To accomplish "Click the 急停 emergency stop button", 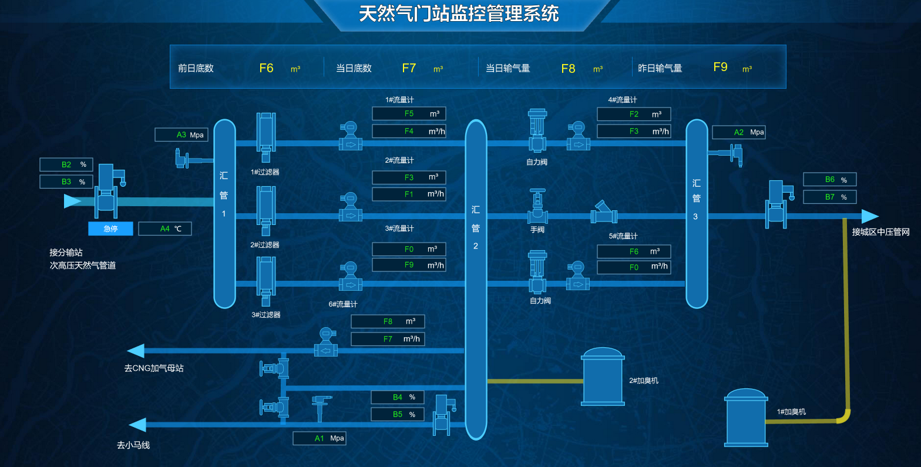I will (110, 229).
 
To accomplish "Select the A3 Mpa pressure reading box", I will (181, 135).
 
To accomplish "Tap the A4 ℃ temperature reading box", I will (164, 229).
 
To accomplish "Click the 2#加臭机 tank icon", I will (603, 377).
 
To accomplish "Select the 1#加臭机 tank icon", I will (746, 418).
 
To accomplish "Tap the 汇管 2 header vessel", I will (476, 279).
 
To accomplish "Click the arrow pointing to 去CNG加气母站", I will (136, 351).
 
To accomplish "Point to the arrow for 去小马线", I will (137, 425).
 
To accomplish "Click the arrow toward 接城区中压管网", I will (869, 216).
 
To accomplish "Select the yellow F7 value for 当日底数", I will (409, 68).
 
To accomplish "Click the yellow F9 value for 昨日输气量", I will (720, 67).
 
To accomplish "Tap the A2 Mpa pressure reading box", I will (738, 132).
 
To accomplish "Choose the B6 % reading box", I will (829, 179).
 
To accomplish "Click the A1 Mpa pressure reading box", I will (319, 438).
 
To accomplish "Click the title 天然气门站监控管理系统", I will (459, 14).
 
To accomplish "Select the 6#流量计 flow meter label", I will (342, 304).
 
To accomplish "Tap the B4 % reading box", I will (397, 397).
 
